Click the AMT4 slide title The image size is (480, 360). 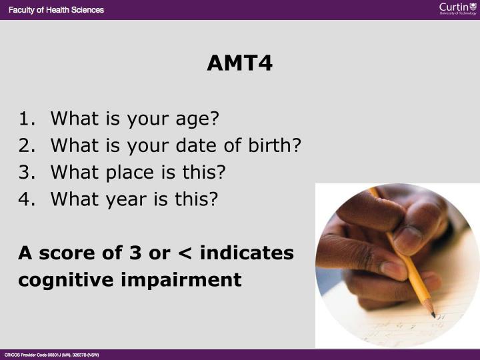[x=239, y=63]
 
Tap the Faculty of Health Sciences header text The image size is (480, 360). [x=56, y=9]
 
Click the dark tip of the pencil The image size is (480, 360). [x=432, y=314]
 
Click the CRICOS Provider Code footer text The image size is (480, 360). [x=52, y=355]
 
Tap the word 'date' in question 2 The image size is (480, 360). [x=199, y=145]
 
